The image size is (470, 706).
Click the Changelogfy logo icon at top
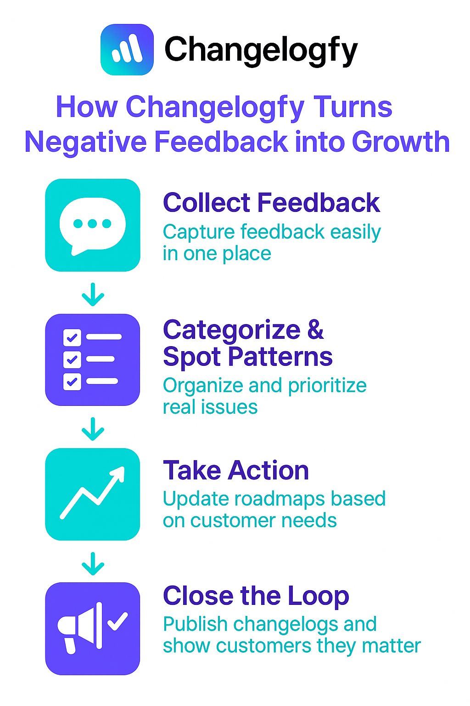click(127, 50)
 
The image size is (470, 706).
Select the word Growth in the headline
click(400, 142)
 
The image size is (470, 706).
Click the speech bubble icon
click(93, 225)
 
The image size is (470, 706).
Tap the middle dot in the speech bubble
click(92, 223)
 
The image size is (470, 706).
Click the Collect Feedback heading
click(271, 203)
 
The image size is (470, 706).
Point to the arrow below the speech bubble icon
click(93, 294)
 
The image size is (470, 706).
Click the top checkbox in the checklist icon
click(72, 337)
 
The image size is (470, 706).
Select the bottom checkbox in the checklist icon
click(72, 381)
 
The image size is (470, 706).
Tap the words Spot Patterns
click(248, 357)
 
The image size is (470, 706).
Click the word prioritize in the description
click(327, 386)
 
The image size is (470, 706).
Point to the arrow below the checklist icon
click(93, 429)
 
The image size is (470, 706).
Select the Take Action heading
click(236, 470)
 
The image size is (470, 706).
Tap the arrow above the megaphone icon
click(93, 564)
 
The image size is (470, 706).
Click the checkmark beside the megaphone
click(118, 621)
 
